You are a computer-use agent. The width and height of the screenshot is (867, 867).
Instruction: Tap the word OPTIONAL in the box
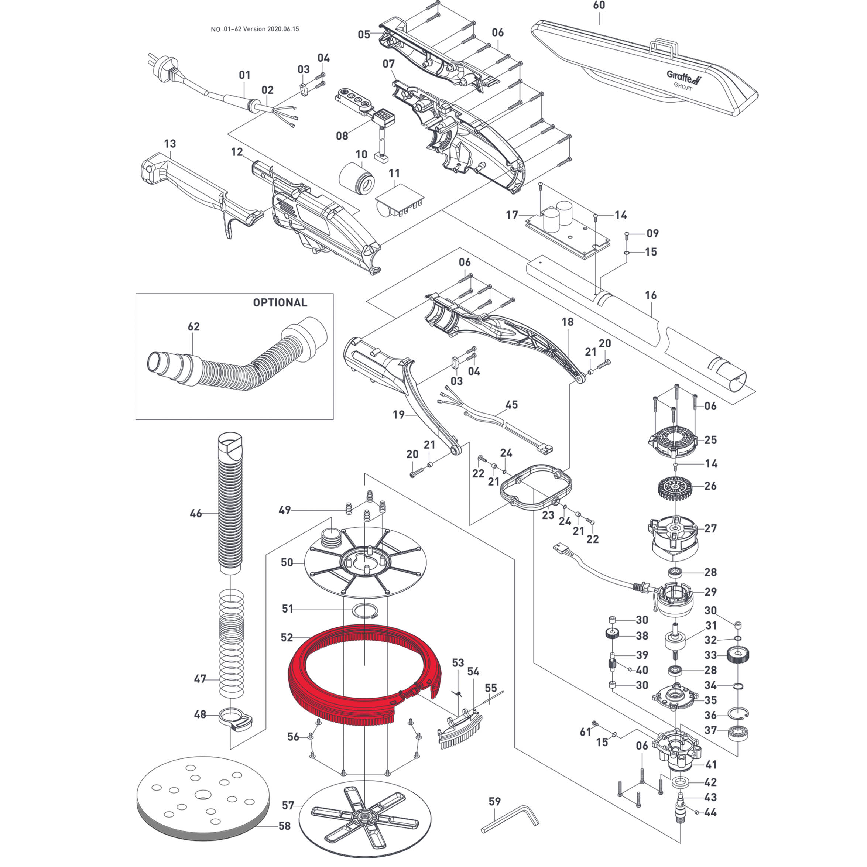pyautogui.click(x=280, y=302)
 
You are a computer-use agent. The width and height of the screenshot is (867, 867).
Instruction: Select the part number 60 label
pyautogui.click(x=599, y=6)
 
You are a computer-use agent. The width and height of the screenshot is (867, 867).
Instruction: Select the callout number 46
pyautogui.click(x=196, y=513)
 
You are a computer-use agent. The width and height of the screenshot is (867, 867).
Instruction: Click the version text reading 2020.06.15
pyautogui.click(x=283, y=29)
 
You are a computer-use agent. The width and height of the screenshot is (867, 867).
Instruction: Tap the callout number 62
pyautogui.click(x=193, y=327)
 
